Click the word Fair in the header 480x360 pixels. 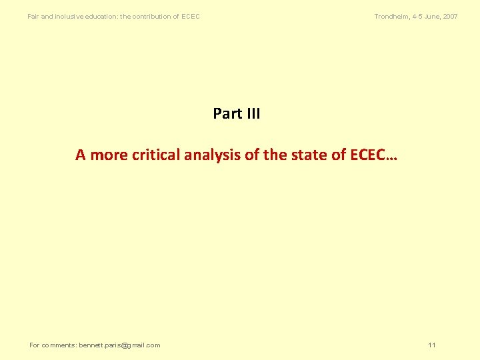33,16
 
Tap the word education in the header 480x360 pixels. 101,16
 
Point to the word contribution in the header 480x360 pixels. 155,16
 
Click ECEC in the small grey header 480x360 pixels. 191,16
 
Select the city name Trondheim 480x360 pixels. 392,16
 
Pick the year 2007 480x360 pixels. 451,16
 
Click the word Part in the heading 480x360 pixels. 227,114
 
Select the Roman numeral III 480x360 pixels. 253,114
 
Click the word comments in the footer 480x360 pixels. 59,345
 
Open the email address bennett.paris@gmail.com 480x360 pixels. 119,345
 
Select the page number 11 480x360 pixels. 432,345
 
